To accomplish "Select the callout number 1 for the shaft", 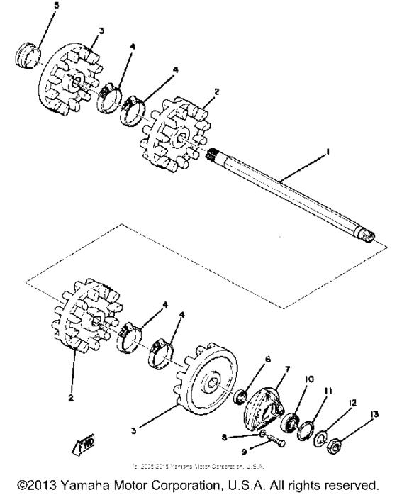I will [x=328, y=151].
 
